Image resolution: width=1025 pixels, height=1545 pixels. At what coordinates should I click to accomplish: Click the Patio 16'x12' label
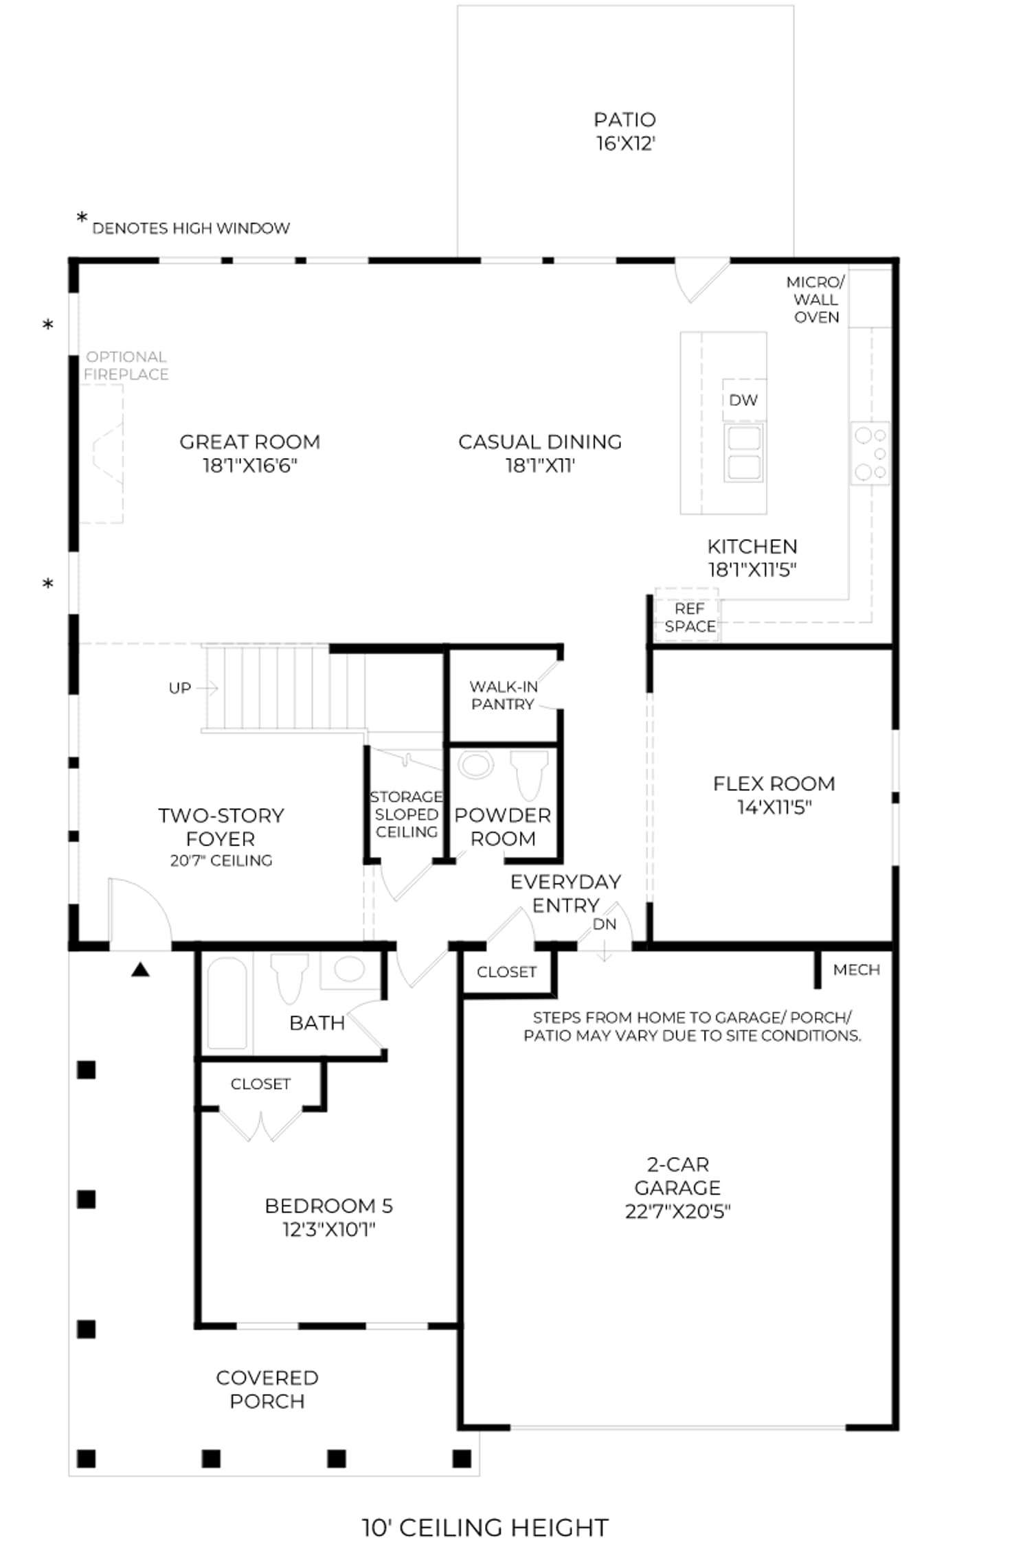pos(625,131)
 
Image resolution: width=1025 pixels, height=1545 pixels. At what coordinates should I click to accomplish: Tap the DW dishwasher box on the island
pos(744,400)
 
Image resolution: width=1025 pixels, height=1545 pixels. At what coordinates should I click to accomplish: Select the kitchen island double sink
pos(744,453)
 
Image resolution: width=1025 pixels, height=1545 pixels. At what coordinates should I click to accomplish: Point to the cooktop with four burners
pos(870,453)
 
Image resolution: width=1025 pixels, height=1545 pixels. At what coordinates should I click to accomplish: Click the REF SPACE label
pos(690,617)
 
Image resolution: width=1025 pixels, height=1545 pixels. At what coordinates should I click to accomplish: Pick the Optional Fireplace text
pos(126,365)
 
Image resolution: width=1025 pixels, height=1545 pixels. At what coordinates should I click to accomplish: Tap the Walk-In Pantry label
pos(503,695)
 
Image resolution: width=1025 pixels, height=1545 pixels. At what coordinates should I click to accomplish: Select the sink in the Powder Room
pos(476,764)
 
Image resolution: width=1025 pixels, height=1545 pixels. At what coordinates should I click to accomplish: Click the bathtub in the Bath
pos(227,1003)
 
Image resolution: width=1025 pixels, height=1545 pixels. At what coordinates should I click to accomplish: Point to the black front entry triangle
pos(141,969)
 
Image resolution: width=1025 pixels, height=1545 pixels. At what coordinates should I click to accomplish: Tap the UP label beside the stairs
pos(180,688)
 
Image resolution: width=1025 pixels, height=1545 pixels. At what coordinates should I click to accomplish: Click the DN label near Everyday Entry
pos(605,924)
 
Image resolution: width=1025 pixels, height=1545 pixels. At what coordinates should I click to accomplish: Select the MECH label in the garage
pos(857,970)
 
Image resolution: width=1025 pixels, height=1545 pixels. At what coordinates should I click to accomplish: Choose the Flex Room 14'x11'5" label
pos(774,795)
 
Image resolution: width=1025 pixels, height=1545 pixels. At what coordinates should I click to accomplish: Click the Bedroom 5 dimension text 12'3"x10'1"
pos(329,1229)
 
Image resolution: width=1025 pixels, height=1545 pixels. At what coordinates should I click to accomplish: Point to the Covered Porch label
pos(267,1389)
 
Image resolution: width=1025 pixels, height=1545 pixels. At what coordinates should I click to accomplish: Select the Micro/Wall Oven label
pos(815,299)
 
